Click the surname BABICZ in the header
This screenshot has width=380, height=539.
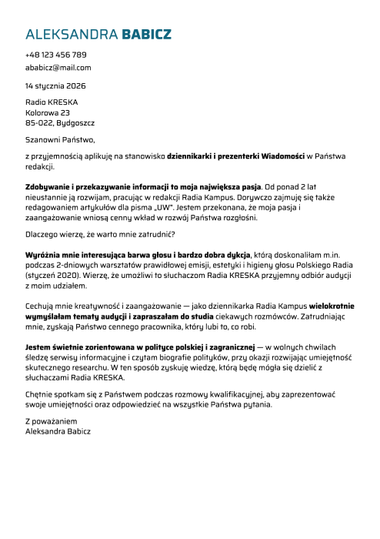pos(146,35)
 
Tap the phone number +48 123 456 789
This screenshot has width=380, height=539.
pos(55,55)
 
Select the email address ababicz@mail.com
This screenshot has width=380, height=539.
pos(58,68)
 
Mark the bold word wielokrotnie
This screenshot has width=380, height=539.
pos(325,305)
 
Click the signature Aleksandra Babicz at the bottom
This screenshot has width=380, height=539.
pos(58,432)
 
